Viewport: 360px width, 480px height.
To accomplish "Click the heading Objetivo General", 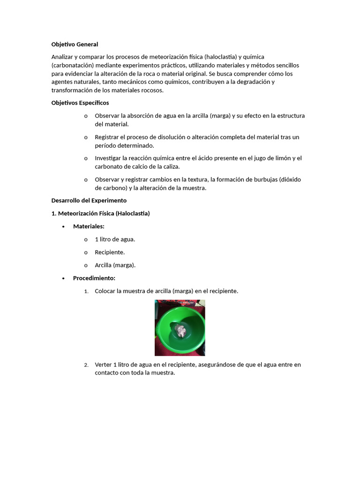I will pos(75,45).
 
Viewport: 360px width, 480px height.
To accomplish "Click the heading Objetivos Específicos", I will pos(80,103).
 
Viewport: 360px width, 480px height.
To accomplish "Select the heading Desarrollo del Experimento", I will pos(89,200).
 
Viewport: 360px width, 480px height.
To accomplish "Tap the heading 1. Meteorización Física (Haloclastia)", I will pos(100,213).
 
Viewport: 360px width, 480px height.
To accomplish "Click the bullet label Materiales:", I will pos(89,226).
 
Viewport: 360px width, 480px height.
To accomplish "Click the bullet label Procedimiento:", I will pos(94,278).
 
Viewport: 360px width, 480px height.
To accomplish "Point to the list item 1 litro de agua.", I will pos(115,239).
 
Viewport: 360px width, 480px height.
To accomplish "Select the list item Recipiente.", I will pos(110,252).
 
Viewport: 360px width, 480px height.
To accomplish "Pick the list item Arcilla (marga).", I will pos(115,265).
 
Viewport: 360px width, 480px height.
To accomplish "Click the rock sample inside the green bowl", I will pos(180,332).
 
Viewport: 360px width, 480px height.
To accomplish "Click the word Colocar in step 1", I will pos(105,291).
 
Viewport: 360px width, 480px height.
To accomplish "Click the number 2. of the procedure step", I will pos(86,365).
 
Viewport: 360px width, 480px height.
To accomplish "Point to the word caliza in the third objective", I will pos(171,166).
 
